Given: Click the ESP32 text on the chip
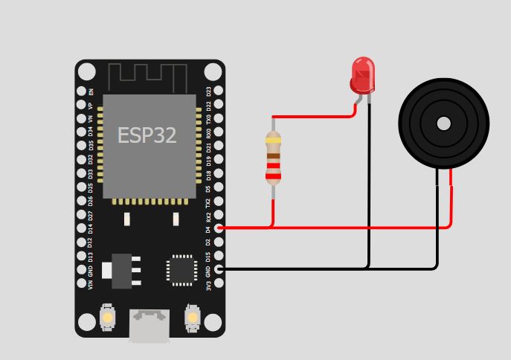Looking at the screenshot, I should tap(147, 135).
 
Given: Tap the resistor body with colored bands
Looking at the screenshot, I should tap(273, 158).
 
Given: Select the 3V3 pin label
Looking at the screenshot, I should tap(209, 284).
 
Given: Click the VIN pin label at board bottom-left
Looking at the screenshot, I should tap(91, 284).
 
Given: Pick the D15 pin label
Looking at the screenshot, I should tap(209, 257).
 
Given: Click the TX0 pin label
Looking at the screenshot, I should tap(209, 119).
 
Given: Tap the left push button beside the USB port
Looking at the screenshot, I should tap(108, 318).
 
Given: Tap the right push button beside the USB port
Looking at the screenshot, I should tap(192, 318).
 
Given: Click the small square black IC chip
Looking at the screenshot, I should tap(181, 271).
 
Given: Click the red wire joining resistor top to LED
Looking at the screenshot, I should tap(312, 117).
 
